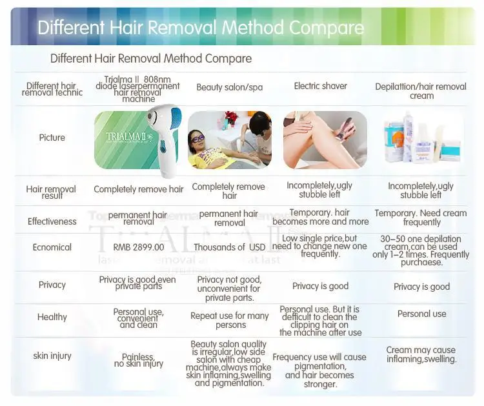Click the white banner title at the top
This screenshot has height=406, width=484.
201,28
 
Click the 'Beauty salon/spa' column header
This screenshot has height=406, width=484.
230,87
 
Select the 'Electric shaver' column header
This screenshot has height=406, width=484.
320,86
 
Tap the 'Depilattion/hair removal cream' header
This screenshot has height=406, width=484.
421,91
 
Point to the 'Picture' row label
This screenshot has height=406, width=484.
52,137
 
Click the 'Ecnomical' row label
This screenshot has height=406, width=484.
52,247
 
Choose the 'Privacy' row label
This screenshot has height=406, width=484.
52,285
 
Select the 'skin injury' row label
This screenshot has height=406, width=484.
52,356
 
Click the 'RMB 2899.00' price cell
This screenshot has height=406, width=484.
139,247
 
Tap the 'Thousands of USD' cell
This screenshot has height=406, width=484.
230,247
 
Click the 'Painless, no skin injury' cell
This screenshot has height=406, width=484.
139,360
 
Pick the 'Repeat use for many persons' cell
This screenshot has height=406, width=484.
230,320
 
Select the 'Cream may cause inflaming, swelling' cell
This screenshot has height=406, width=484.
421,354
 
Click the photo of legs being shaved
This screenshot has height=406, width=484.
325,139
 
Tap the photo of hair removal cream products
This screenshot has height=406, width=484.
422,139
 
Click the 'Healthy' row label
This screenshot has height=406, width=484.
52,317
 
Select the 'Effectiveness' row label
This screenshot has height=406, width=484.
52,221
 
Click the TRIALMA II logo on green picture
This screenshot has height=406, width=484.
123,137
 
